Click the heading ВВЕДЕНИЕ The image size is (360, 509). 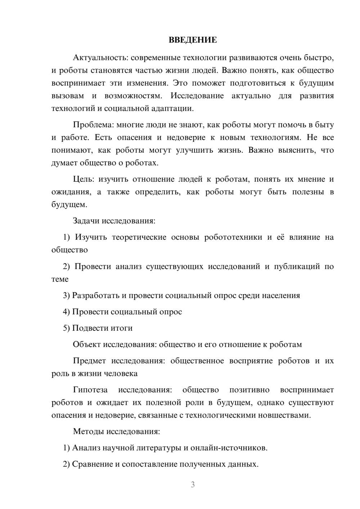click(193, 40)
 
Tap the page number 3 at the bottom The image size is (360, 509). click(193, 485)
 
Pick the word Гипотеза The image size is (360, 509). click(90, 390)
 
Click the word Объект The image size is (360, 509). click(87, 344)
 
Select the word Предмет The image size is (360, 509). click(89, 361)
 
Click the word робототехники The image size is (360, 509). click(233, 237)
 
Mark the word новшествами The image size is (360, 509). click(284, 415)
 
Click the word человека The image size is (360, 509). click(121, 373)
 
